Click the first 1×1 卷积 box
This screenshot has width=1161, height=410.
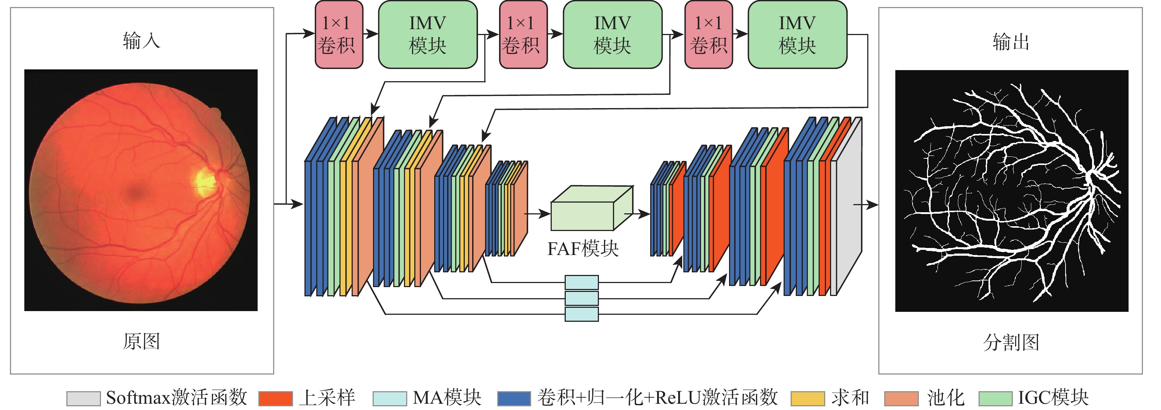coord(338,35)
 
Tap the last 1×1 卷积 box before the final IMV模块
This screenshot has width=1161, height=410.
coord(708,35)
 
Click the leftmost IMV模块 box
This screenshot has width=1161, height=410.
coord(427,35)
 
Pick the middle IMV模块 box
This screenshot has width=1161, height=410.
coord(613,35)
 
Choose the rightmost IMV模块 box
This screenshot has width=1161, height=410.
coord(797,35)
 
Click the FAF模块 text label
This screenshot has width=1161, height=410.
coord(583,248)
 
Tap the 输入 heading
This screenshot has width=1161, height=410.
coord(142,41)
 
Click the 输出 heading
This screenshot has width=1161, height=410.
coord(1011,42)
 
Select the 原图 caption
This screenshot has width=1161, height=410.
coord(142,341)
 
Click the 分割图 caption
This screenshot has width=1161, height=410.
coord(1011,342)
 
